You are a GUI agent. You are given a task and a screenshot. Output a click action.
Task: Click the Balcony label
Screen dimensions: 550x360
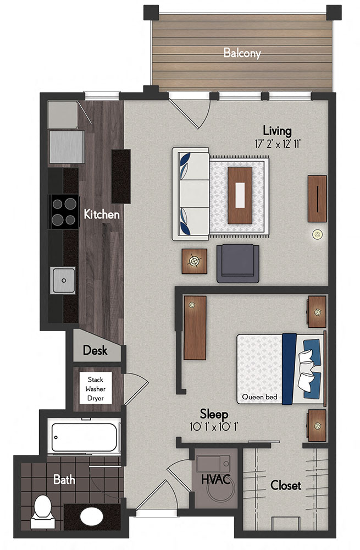[x=242, y=53]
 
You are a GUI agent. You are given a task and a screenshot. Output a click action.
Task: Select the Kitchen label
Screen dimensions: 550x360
[x=101, y=214]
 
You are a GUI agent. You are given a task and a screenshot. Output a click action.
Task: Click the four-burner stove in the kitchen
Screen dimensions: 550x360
[x=63, y=212]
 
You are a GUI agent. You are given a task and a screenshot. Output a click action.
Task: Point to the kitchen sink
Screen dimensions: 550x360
[x=64, y=280]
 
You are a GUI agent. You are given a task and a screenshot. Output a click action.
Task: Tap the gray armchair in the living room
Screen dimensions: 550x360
[x=237, y=263]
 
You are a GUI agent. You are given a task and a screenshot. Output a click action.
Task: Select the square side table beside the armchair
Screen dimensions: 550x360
[x=195, y=261]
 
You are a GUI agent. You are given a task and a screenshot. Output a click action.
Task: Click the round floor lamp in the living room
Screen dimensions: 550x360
[x=317, y=234]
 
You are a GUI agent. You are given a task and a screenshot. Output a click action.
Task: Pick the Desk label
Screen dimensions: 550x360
[x=95, y=350]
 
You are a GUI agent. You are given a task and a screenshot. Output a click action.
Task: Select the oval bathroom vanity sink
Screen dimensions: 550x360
[x=91, y=518]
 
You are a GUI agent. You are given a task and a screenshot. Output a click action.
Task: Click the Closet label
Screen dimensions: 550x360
[x=285, y=486]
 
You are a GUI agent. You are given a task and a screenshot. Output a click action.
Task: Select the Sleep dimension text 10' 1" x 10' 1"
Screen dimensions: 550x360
[x=214, y=426]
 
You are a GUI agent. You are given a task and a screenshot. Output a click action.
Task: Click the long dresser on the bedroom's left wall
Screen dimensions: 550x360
[x=195, y=328]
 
